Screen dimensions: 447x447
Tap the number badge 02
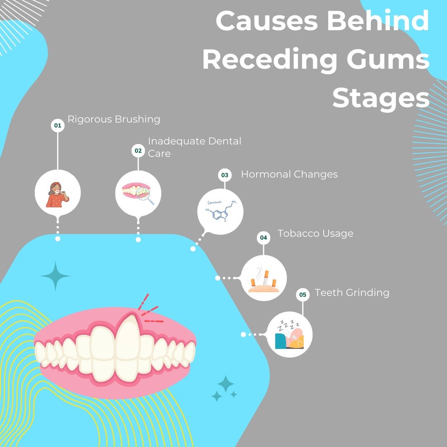point(138,151)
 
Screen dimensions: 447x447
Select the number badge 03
point(225,175)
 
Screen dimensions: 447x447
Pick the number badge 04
point(264,238)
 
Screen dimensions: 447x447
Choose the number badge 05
point(303,295)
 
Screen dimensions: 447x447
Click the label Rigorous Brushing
point(114,120)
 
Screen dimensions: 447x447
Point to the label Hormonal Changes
point(289,174)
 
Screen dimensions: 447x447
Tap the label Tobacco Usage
point(315,233)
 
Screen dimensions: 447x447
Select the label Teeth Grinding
point(352,293)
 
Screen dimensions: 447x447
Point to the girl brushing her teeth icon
point(58,193)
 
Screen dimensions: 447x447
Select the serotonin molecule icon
point(220,211)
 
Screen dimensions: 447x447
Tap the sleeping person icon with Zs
point(290,334)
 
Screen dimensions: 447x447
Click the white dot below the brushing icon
point(58,239)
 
